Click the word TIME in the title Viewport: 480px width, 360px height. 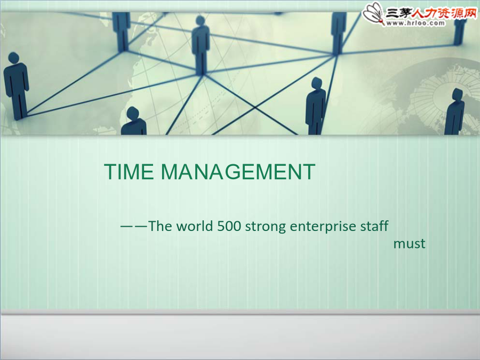(129, 172)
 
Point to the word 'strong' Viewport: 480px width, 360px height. (266, 227)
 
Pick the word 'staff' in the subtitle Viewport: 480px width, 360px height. (374, 226)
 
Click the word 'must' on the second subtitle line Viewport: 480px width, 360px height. (409, 244)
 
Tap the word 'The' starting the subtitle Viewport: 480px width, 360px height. (160, 226)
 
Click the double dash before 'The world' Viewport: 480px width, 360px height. (134, 227)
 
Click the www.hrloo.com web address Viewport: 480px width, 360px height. (415, 23)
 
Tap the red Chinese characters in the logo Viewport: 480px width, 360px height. (444, 13)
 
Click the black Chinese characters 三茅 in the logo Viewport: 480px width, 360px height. (398, 13)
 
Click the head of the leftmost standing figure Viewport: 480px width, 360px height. (13, 58)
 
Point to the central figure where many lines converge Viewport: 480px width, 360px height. (201, 45)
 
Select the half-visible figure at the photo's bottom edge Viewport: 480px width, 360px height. (133, 121)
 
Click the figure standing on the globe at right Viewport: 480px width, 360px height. (455, 111)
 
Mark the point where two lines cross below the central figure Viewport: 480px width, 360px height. (255, 107)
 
